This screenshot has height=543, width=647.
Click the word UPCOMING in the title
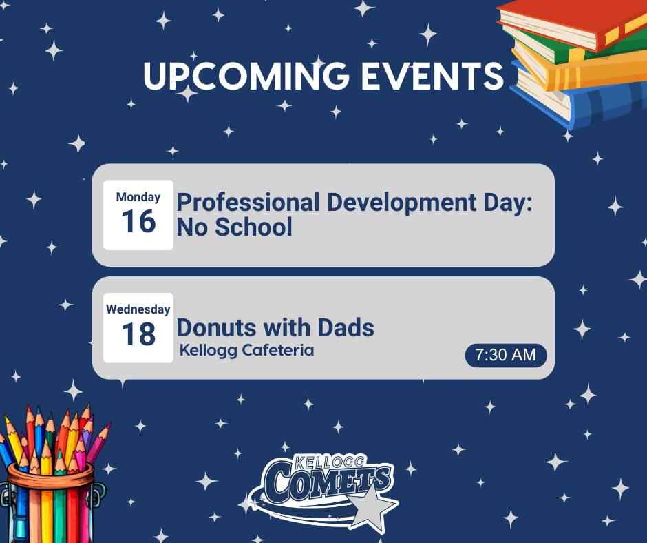pos(246,76)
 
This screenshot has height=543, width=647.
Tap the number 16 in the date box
pos(138,222)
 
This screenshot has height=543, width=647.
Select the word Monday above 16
pos(138,197)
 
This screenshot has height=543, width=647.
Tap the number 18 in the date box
pos(138,335)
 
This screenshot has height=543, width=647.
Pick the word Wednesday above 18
pos(138,309)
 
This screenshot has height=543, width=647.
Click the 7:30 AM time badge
pos(506,355)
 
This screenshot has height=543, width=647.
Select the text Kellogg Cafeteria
pos(246,350)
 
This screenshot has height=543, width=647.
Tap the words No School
pos(234,227)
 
